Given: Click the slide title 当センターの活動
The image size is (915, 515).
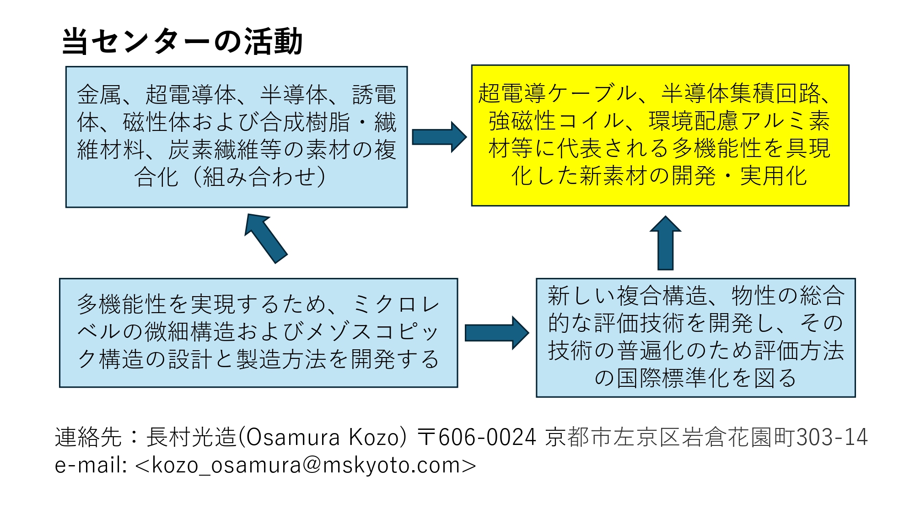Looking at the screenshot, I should tap(182, 41).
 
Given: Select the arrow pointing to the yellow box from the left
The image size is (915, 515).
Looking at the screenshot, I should tap(439, 137).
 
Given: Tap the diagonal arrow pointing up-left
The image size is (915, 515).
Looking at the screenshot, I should tap(265, 238).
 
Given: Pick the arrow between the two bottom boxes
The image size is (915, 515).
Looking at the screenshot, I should tap(496, 333).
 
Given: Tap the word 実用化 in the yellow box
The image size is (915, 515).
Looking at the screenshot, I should tap(773, 176).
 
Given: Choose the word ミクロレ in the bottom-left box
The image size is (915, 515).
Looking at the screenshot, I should tap(396, 304).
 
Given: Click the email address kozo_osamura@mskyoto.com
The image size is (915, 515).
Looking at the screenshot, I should tap(306, 465).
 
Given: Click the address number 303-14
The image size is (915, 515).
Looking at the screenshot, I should tap(832, 437).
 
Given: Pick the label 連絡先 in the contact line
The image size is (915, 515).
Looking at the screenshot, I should tap(88, 437).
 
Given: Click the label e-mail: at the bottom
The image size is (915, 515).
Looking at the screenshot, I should tap(91, 465).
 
